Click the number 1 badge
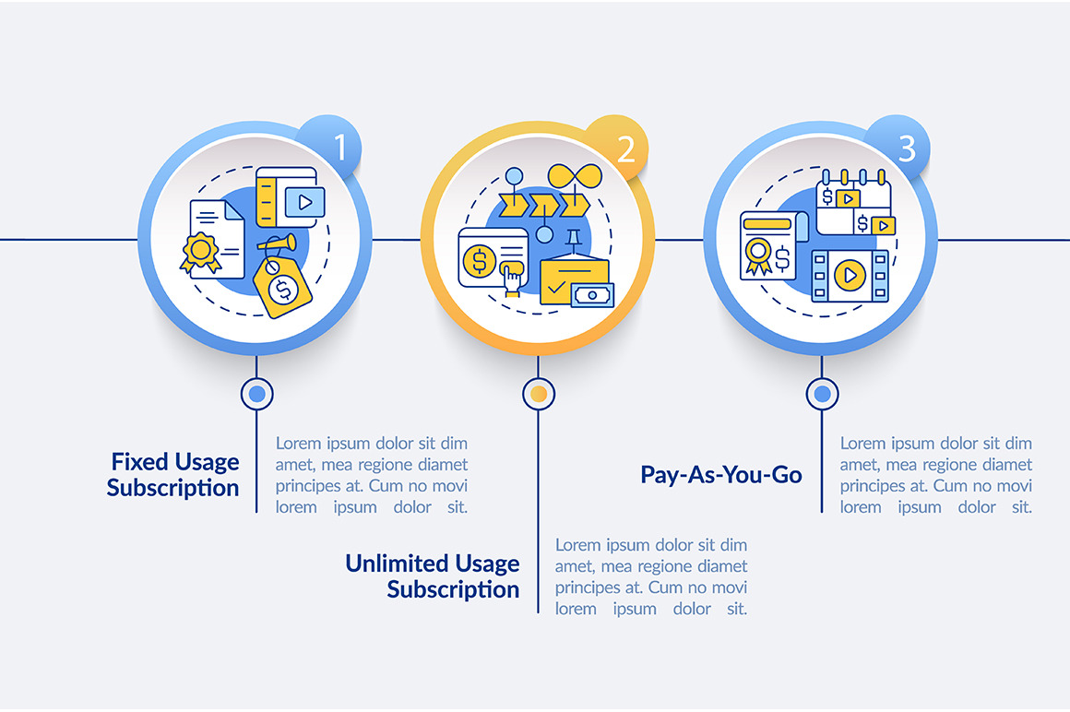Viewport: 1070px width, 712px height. click(x=333, y=146)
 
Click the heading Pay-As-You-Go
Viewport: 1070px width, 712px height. click(x=720, y=475)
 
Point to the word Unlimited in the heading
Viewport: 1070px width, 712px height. click(x=397, y=564)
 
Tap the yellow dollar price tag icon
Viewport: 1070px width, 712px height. click(x=282, y=286)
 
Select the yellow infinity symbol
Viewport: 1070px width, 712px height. click(x=576, y=176)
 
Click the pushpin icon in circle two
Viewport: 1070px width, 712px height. click(x=573, y=239)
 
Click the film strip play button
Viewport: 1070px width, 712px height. click(x=850, y=276)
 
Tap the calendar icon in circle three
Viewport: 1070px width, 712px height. click(x=853, y=202)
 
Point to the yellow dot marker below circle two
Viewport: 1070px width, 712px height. click(x=539, y=394)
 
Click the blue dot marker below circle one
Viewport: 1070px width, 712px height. click(x=256, y=394)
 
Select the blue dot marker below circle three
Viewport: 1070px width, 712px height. click(x=822, y=394)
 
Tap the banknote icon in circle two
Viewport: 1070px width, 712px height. click(x=592, y=295)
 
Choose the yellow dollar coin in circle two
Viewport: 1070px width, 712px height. click(x=479, y=260)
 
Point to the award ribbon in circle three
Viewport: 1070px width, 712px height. click(x=757, y=255)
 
